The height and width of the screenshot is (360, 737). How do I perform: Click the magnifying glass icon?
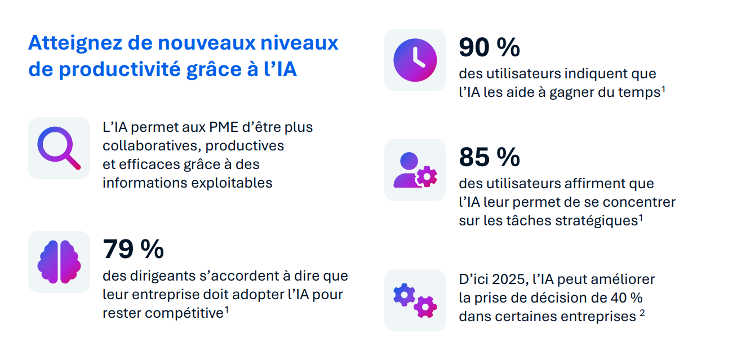click(59, 148)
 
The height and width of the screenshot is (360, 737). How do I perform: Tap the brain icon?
click(59, 262)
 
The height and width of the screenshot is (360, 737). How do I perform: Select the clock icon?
click(415, 60)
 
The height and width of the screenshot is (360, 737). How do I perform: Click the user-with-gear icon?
click(415, 170)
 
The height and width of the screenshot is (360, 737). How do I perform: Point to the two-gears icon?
click(415, 300)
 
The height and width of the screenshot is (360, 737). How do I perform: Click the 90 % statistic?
click(489, 47)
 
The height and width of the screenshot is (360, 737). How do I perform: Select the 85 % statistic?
click(489, 157)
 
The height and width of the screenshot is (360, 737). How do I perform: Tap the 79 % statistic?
click(133, 249)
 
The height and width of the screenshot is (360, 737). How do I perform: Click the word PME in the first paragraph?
click(203, 127)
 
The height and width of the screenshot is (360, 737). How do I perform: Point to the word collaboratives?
click(150, 146)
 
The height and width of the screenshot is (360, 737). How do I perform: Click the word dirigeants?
click(159, 276)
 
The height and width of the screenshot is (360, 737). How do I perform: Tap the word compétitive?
click(184, 313)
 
